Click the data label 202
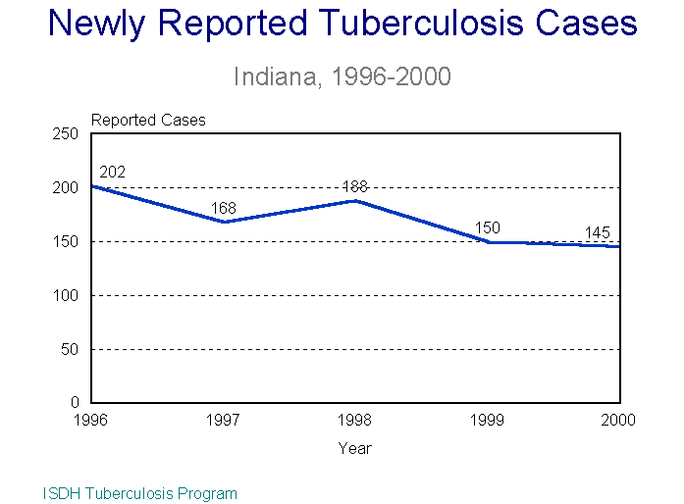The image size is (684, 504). (x=113, y=173)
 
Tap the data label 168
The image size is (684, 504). (x=224, y=207)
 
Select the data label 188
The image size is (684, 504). (x=355, y=186)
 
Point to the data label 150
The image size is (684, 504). (x=488, y=228)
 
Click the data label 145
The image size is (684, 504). (x=598, y=232)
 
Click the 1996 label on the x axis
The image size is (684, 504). (x=91, y=420)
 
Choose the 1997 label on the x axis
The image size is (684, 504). (x=224, y=420)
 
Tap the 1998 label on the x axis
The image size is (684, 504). (x=355, y=420)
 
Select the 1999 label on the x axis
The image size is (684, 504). (x=488, y=420)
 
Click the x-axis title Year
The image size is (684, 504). (x=355, y=448)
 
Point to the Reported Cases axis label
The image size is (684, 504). (x=148, y=120)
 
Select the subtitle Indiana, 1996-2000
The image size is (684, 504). (x=342, y=76)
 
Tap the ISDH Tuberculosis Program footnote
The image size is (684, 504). (x=140, y=493)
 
